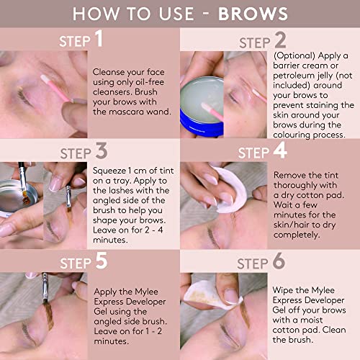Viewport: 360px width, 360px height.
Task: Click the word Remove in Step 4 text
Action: point(290,173)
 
